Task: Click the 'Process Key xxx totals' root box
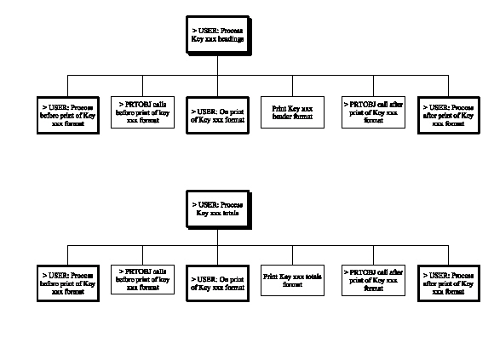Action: click(x=217, y=209)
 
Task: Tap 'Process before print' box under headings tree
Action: click(x=67, y=114)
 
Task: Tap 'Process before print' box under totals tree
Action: click(x=67, y=282)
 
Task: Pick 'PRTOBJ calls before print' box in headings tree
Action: click(x=142, y=111)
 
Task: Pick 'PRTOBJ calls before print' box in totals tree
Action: click(x=142, y=278)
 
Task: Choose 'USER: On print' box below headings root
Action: click(x=217, y=114)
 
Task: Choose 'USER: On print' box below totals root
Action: click(x=217, y=282)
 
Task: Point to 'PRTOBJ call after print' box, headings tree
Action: click(x=369, y=111)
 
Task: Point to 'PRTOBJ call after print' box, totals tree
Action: click(x=369, y=279)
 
